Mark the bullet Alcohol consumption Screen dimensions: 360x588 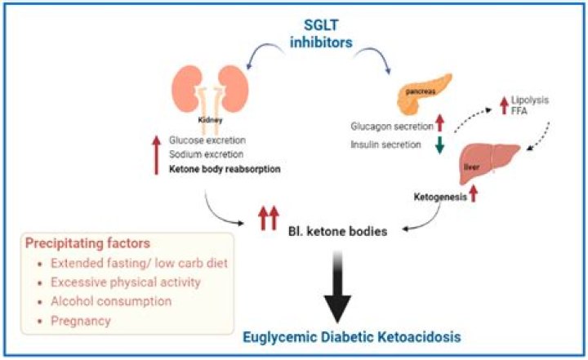coord(112,300)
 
